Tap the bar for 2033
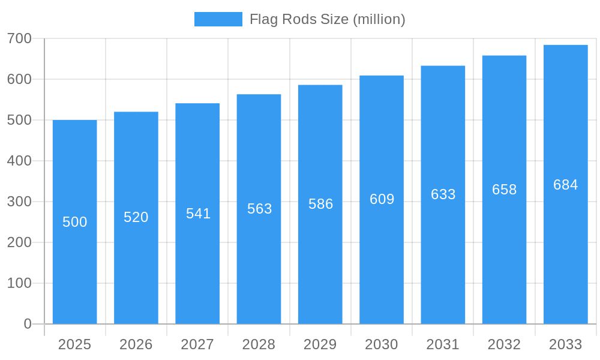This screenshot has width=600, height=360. [x=565, y=252]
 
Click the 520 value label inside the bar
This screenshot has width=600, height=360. [x=136, y=217]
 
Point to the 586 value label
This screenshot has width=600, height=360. [x=320, y=204]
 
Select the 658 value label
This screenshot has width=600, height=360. [x=504, y=190]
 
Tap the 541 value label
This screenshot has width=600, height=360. [x=198, y=214]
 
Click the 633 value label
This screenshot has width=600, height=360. [x=443, y=194]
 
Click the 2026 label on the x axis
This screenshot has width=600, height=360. [x=136, y=344]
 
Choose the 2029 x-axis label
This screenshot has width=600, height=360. [x=320, y=344]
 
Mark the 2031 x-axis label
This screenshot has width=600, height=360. [x=443, y=344]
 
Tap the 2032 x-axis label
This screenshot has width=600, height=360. [x=504, y=344]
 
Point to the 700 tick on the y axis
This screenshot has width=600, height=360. [x=19, y=38]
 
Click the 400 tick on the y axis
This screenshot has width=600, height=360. [x=19, y=161]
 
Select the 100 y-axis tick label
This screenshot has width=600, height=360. [x=19, y=283]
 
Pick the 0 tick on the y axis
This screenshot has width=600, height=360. [x=28, y=324]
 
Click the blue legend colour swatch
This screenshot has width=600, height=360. [x=218, y=19]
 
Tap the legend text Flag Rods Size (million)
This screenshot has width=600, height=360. [x=327, y=19]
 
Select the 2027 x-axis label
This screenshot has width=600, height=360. [x=197, y=344]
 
